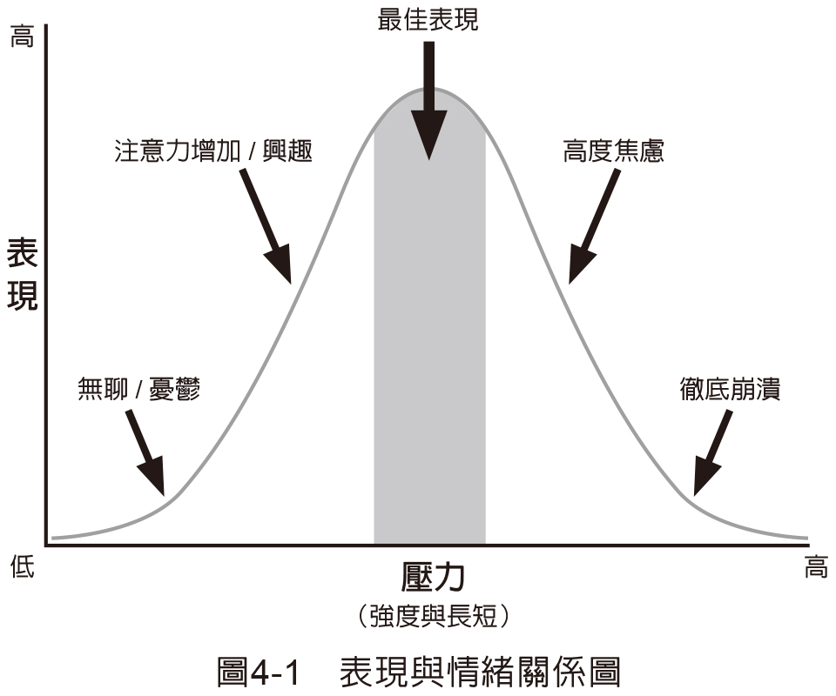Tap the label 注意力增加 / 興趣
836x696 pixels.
click(212, 151)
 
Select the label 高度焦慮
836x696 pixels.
click(613, 151)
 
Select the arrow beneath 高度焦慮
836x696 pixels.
click(593, 225)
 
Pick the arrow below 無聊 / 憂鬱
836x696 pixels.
click(145, 452)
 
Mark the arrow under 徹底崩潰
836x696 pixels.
click(711, 453)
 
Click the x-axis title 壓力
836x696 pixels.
click(433, 577)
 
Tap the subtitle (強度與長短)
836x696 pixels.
click(433, 616)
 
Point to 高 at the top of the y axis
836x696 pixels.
click(21, 37)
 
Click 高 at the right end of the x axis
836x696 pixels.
click(815, 568)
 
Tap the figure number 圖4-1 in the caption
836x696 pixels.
click(258, 672)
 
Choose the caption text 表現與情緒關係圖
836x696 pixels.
click(480, 672)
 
